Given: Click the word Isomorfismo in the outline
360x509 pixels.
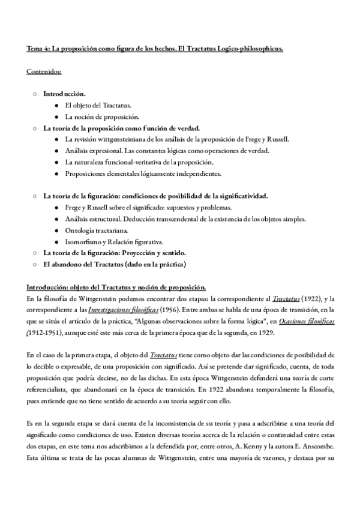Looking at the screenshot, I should tap(83, 242).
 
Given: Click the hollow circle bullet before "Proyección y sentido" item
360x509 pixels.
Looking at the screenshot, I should tap(35, 253).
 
